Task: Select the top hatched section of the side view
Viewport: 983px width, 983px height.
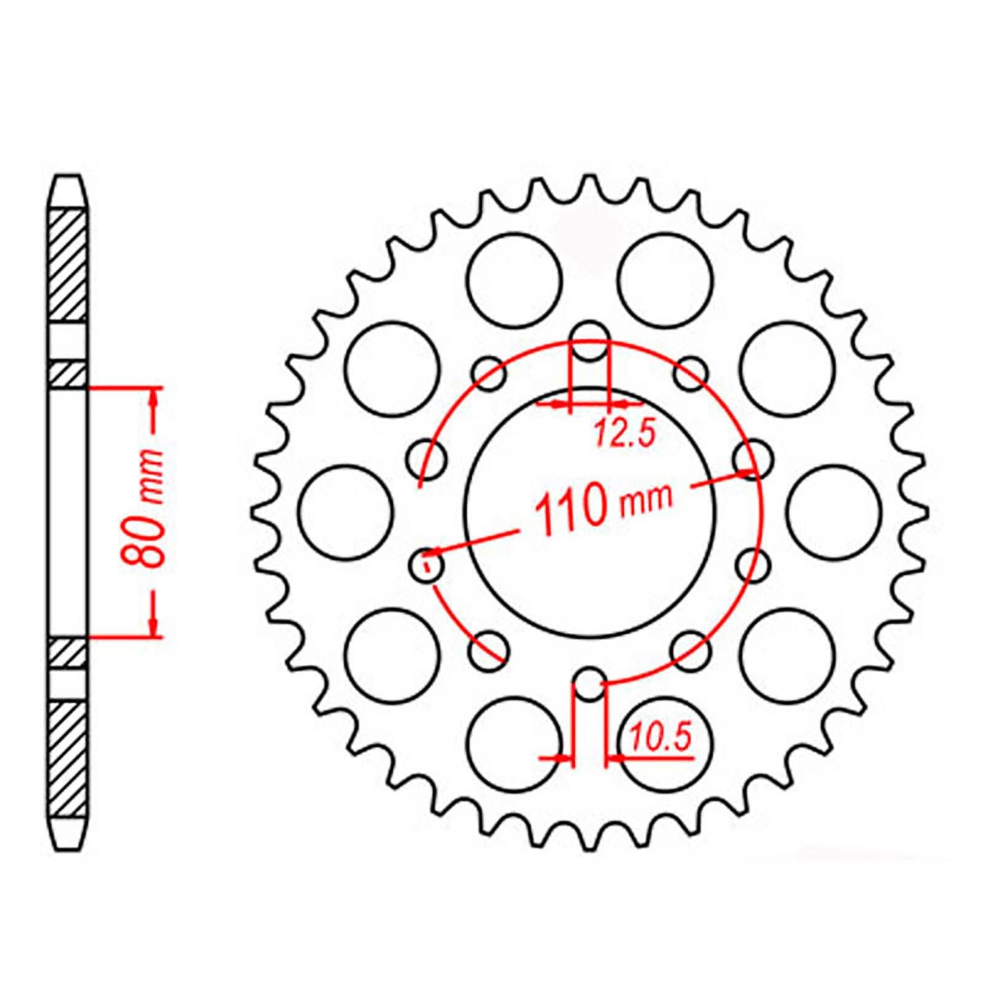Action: (x=67, y=265)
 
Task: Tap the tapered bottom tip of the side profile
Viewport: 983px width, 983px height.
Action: (x=67, y=834)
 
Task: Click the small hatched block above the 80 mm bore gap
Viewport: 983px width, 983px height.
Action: (x=67, y=375)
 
